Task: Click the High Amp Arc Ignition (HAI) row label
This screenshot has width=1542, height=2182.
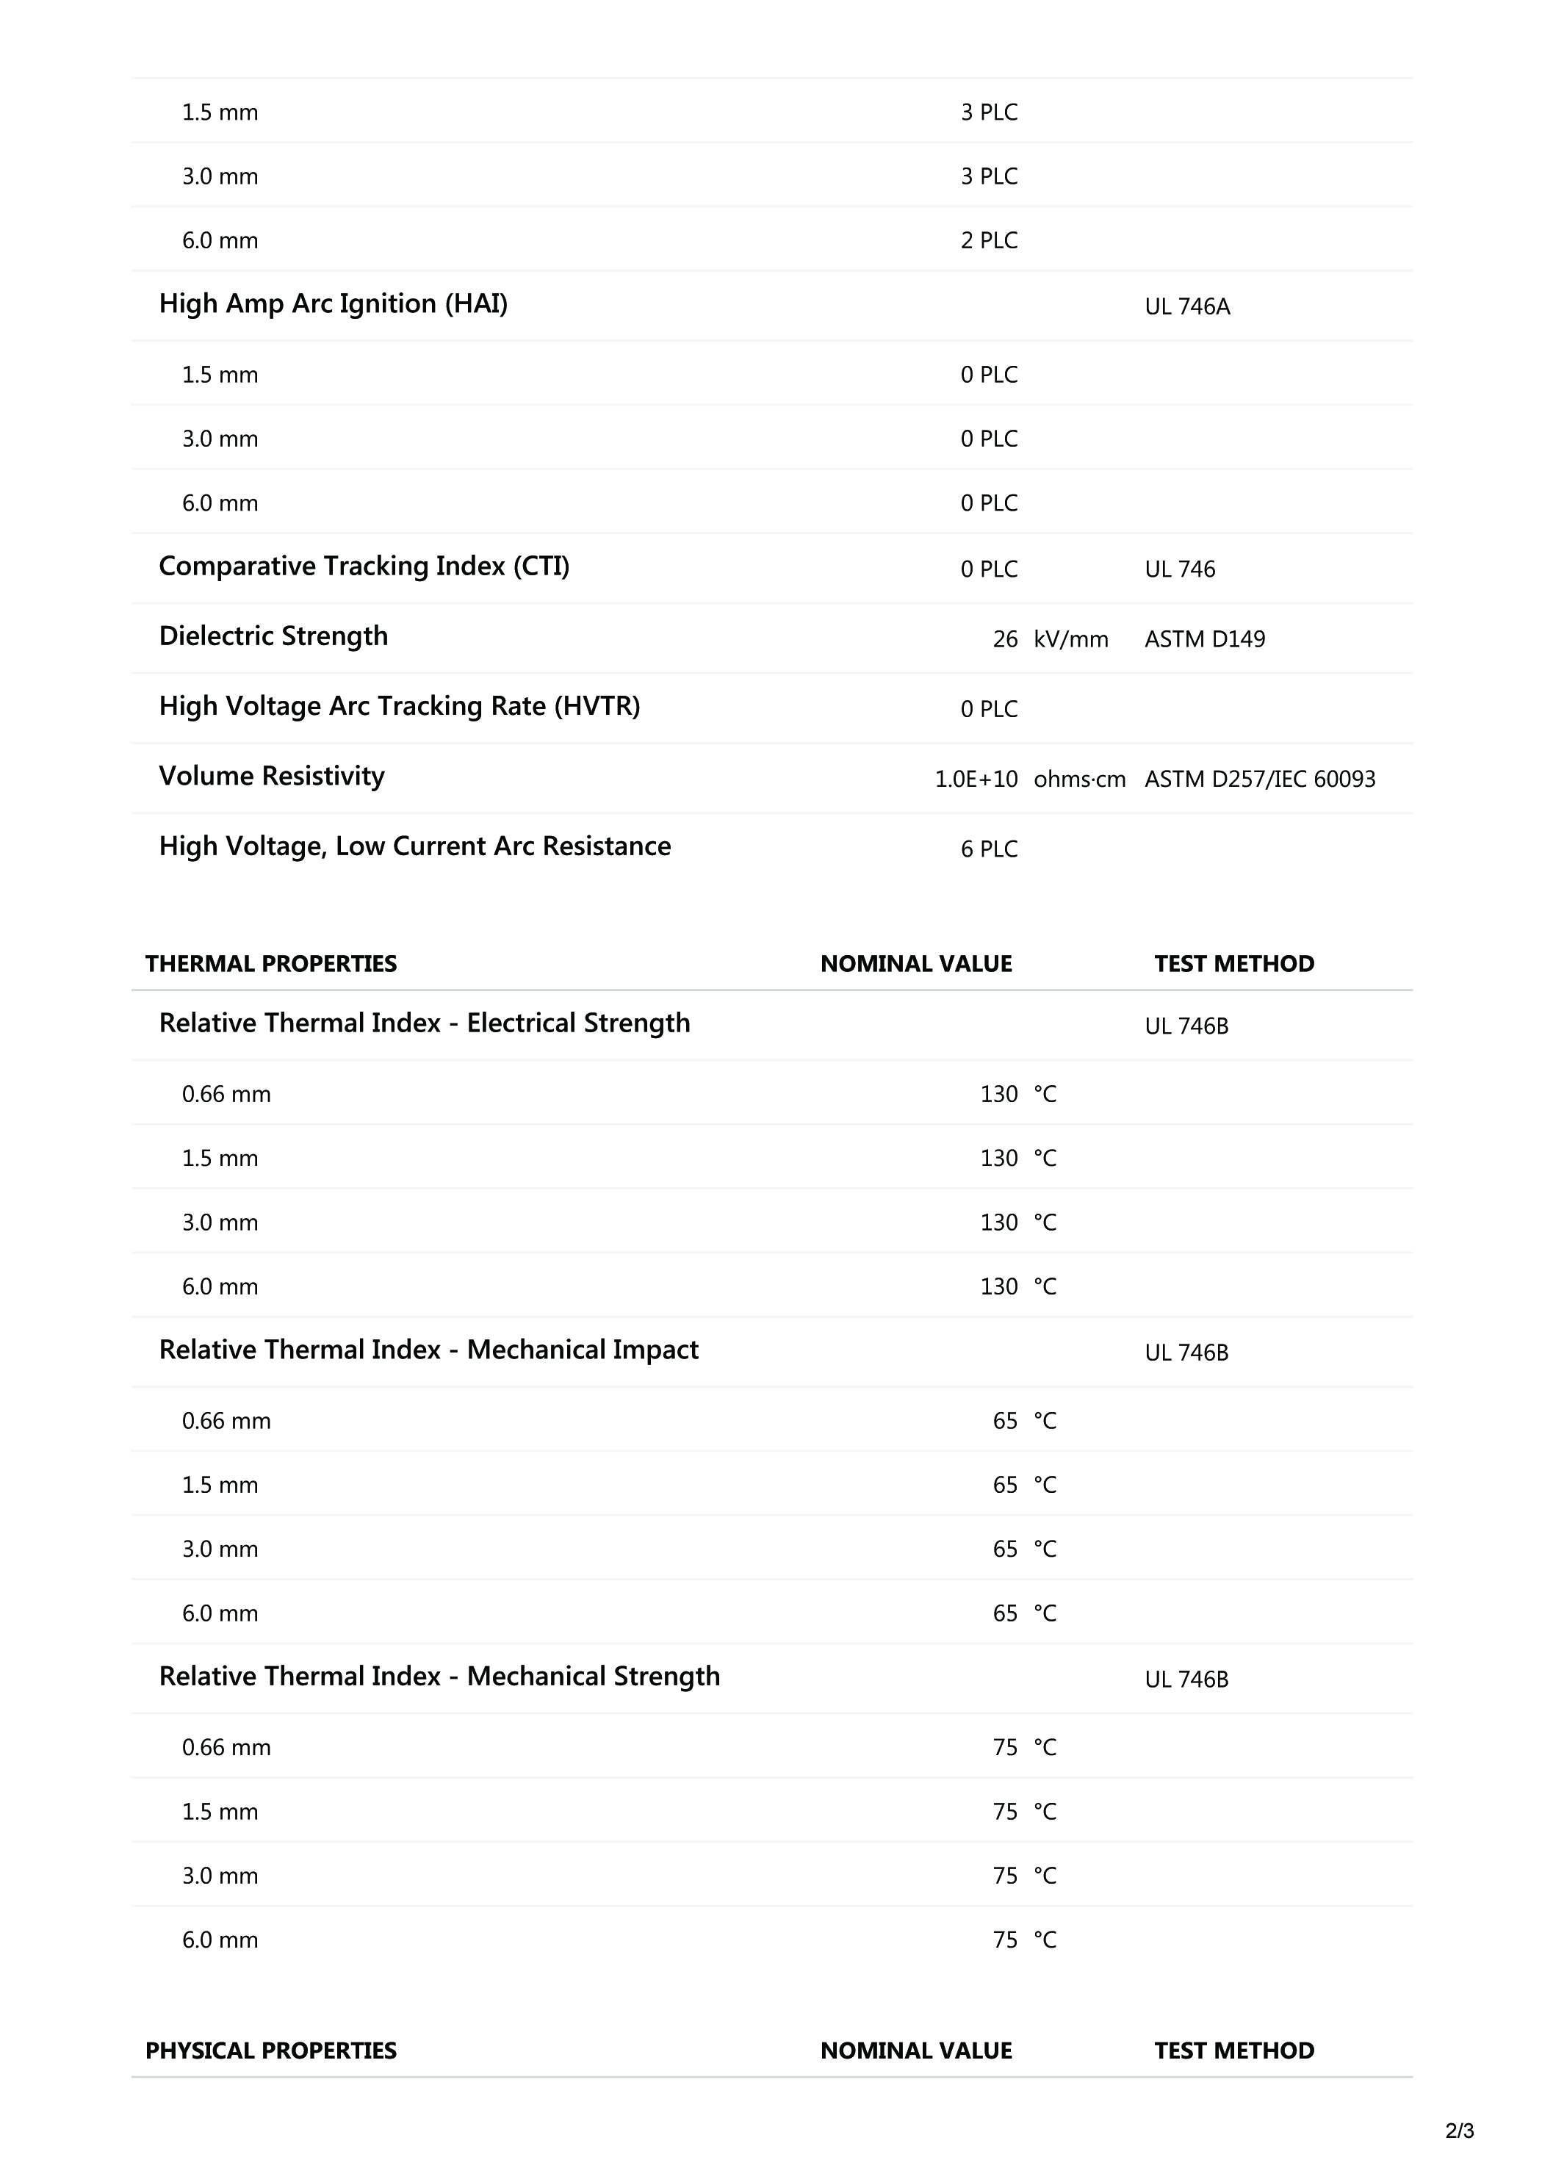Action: pos(333,304)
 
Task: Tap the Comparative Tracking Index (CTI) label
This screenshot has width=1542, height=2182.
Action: pos(364,566)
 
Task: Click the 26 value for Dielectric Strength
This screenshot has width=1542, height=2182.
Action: pos(1004,640)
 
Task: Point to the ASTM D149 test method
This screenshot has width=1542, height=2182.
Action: pos(1204,640)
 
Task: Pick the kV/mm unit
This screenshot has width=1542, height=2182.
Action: pos(1071,640)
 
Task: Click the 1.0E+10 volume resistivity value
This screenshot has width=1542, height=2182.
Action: pos(976,779)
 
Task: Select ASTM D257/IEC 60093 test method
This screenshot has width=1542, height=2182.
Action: pos(1259,779)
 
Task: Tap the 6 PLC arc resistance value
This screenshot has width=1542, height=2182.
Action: pos(988,849)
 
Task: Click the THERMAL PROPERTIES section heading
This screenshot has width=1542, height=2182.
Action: pos(271,964)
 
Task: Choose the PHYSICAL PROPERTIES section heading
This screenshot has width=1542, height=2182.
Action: pos(271,2050)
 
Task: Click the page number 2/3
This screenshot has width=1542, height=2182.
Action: pos(1459,2131)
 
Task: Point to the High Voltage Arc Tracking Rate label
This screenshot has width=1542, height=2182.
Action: pos(399,706)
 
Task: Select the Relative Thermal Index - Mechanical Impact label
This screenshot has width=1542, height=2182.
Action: pos(428,1350)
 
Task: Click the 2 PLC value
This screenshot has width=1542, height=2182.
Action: pos(988,242)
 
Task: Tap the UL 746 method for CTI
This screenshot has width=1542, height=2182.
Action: pos(1179,569)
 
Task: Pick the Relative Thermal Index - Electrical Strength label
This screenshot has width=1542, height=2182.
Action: pos(424,1023)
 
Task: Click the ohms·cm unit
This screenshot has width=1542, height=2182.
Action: pos(1079,779)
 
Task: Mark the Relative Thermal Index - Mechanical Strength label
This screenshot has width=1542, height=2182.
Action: pos(439,1677)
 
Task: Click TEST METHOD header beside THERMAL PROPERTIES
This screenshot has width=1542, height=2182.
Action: pos(1233,964)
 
